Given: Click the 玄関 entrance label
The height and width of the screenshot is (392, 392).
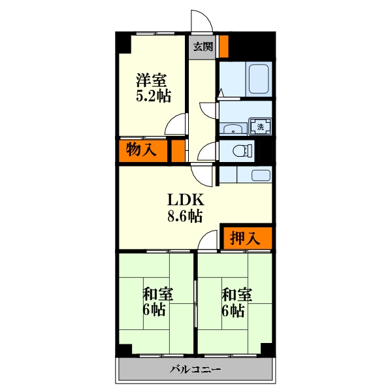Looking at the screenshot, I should point(203,46).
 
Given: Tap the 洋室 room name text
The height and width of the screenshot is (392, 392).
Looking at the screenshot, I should point(151,81).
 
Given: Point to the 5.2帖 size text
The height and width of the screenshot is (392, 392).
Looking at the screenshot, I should point(153,97).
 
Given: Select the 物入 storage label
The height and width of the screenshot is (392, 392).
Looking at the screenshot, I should point(140,150).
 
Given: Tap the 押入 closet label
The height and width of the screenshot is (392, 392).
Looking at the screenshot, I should point(246,238).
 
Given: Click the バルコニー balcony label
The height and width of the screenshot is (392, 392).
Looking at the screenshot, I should point(195,369).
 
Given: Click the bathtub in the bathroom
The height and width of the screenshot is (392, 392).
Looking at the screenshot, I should point(259,79).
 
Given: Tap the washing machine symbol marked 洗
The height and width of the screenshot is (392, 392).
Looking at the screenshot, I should point(260,126).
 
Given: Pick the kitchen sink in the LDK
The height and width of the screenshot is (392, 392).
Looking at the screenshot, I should point(260,175).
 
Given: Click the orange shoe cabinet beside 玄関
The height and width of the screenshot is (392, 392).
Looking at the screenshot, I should point(223,46).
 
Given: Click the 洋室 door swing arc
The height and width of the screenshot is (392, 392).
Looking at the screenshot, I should point(175,124).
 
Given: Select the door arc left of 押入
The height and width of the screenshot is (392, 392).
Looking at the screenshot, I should point(209,240).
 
